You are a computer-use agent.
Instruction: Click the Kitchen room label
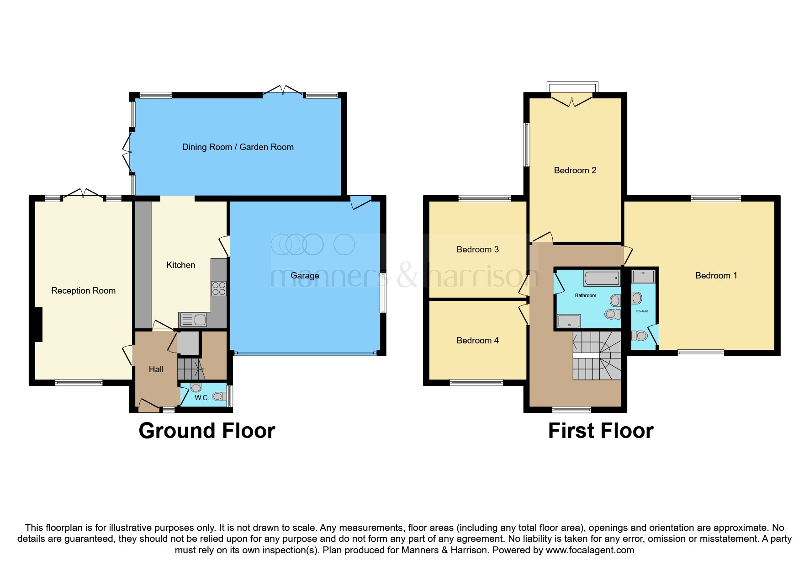(180, 265)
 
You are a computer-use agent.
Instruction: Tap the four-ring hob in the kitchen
(219, 289)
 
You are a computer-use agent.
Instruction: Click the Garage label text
(305, 275)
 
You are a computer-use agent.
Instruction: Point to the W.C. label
(201, 398)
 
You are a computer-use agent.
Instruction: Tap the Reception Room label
(83, 290)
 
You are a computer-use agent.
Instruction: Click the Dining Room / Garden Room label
(238, 147)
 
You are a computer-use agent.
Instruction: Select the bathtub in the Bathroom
(602, 278)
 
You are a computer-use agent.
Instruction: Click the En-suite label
(642, 311)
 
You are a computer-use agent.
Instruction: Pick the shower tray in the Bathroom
(569, 321)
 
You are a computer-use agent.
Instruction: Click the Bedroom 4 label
(477, 340)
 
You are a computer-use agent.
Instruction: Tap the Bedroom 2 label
(575, 170)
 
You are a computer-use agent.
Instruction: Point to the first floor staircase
(597, 355)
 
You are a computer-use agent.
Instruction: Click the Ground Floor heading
(207, 431)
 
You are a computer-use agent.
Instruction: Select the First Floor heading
(601, 431)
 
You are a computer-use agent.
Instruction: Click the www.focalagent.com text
(590, 550)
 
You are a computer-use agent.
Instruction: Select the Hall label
(156, 369)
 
